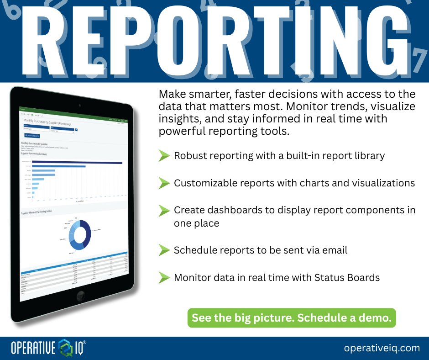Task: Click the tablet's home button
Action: (x=81, y=295)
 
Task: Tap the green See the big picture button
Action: (x=292, y=318)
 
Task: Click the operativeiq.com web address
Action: (x=382, y=348)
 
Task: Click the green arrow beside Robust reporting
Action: (x=164, y=156)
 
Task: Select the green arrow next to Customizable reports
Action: (x=164, y=183)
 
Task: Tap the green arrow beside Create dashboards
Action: (x=164, y=211)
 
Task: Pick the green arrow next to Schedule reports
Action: (x=164, y=250)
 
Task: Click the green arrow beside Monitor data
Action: (x=164, y=277)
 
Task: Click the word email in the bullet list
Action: (x=335, y=250)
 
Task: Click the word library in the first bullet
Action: (x=369, y=156)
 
